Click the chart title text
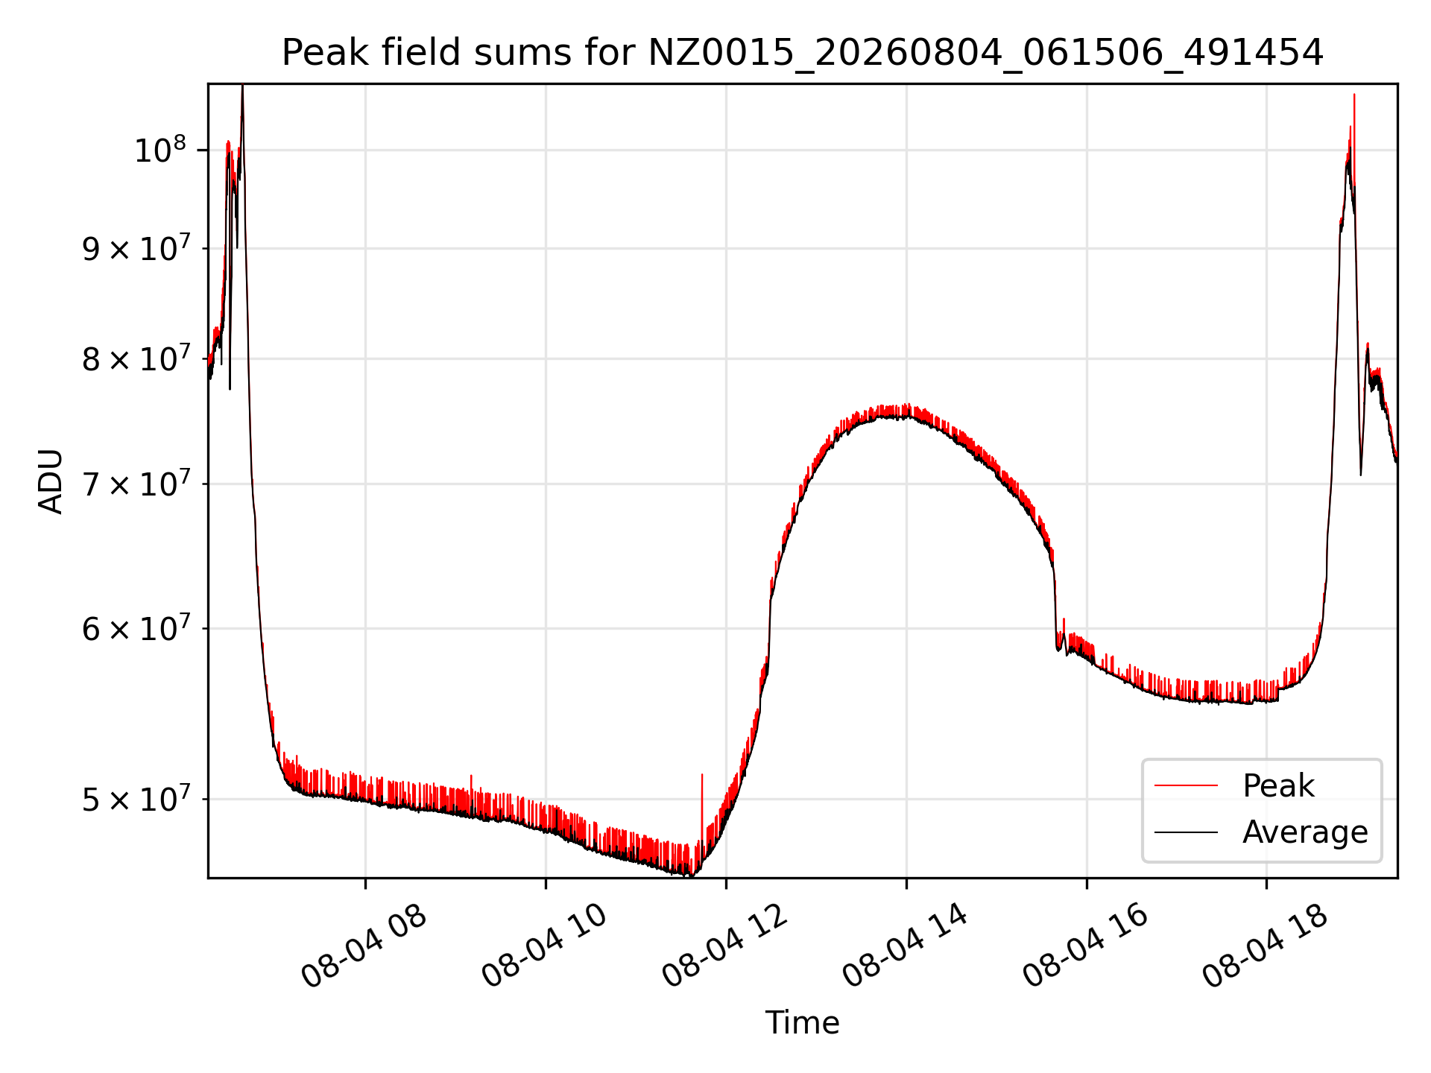803,53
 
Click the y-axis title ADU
51,481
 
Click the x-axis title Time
803,1023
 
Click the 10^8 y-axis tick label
159,150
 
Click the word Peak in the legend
1278,786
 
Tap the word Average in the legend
1305,832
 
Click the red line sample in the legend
1186,785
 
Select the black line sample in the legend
1186,832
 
